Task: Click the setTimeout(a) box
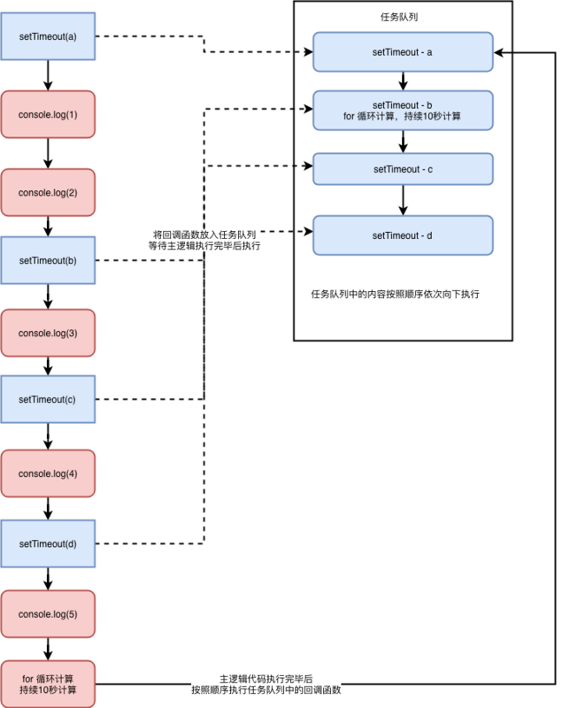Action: [x=48, y=36]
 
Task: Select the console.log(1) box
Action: [x=48, y=114]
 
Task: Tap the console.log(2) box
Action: [x=48, y=192]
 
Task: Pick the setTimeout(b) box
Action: [x=48, y=260]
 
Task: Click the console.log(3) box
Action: [x=48, y=333]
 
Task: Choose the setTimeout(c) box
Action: [x=48, y=399]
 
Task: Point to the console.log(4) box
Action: [x=48, y=473]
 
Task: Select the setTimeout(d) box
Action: [x=48, y=543]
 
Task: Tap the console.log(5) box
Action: [x=48, y=614]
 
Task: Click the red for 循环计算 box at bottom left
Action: [x=48, y=683]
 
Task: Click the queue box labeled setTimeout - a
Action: [x=403, y=53]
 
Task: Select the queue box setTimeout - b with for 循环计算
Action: [x=403, y=110]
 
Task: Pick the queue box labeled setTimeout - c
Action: [x=403, y=168]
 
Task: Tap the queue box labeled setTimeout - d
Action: [x=403, y=235]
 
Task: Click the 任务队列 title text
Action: [x=402, y=16]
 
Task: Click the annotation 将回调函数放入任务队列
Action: [x=204, y=235]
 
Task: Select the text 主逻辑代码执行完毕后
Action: [x=266, y=676]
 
